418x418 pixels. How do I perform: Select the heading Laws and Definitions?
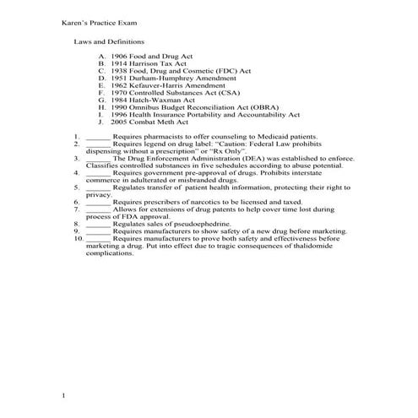[109, 41]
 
